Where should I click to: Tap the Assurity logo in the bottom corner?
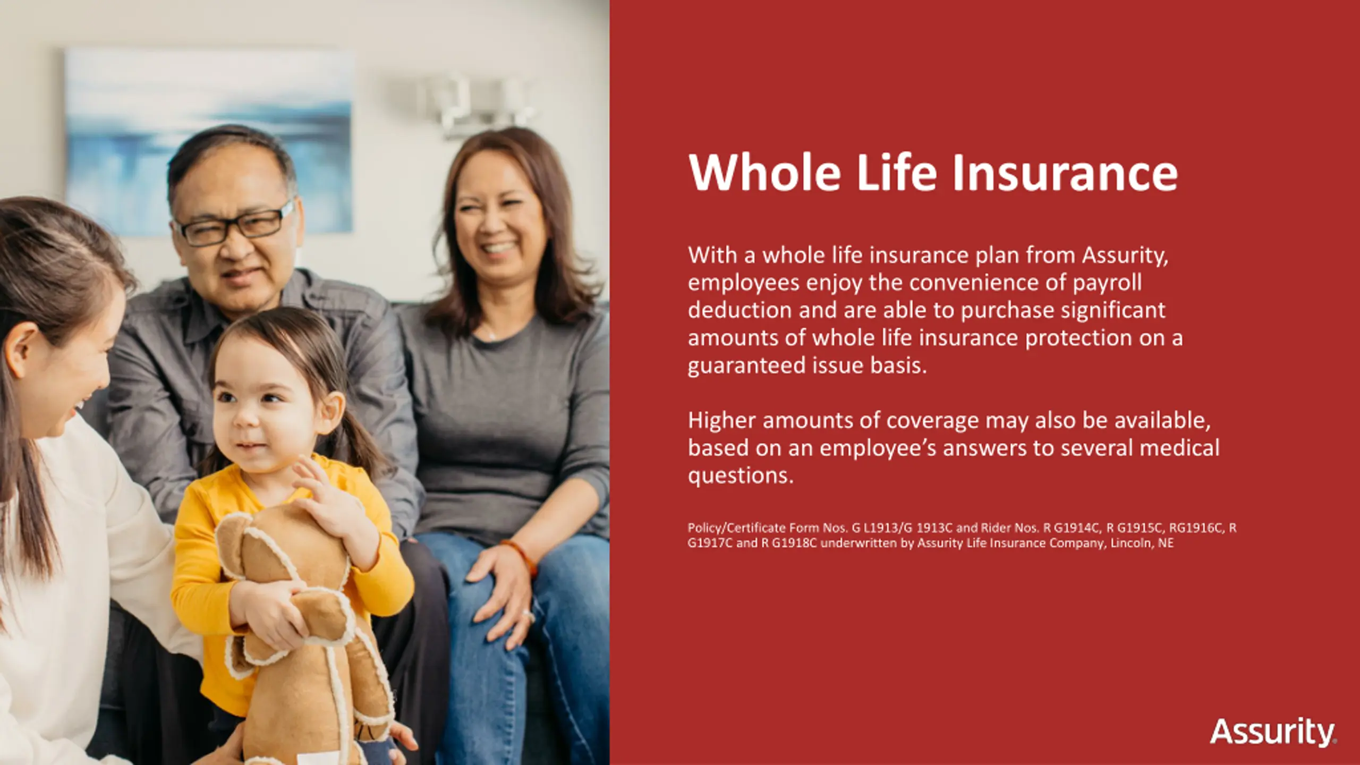click(1273, 733)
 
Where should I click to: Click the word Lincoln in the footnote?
click(1133, 543)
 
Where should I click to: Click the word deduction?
click(740, 310)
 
